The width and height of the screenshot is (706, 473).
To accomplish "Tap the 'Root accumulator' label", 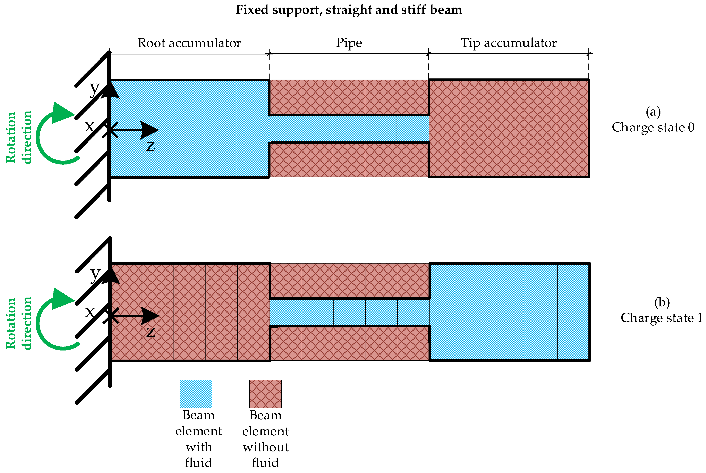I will pos(189,43).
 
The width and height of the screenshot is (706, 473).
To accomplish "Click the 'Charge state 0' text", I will pos(653,127).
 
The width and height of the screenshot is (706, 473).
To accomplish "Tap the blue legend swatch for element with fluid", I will pos(196,394).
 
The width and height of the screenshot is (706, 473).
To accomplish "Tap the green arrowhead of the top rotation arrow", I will pos(62,113).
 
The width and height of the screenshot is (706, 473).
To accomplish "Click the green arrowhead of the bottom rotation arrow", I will pos(62,299).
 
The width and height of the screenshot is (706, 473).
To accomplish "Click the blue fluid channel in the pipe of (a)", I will pos(349,129).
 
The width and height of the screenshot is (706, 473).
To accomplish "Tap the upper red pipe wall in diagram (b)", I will pos(350,281).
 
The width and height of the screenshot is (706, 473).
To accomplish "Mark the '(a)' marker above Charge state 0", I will pos(653,112).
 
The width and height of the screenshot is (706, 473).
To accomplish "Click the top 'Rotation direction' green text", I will pos(19,137).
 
